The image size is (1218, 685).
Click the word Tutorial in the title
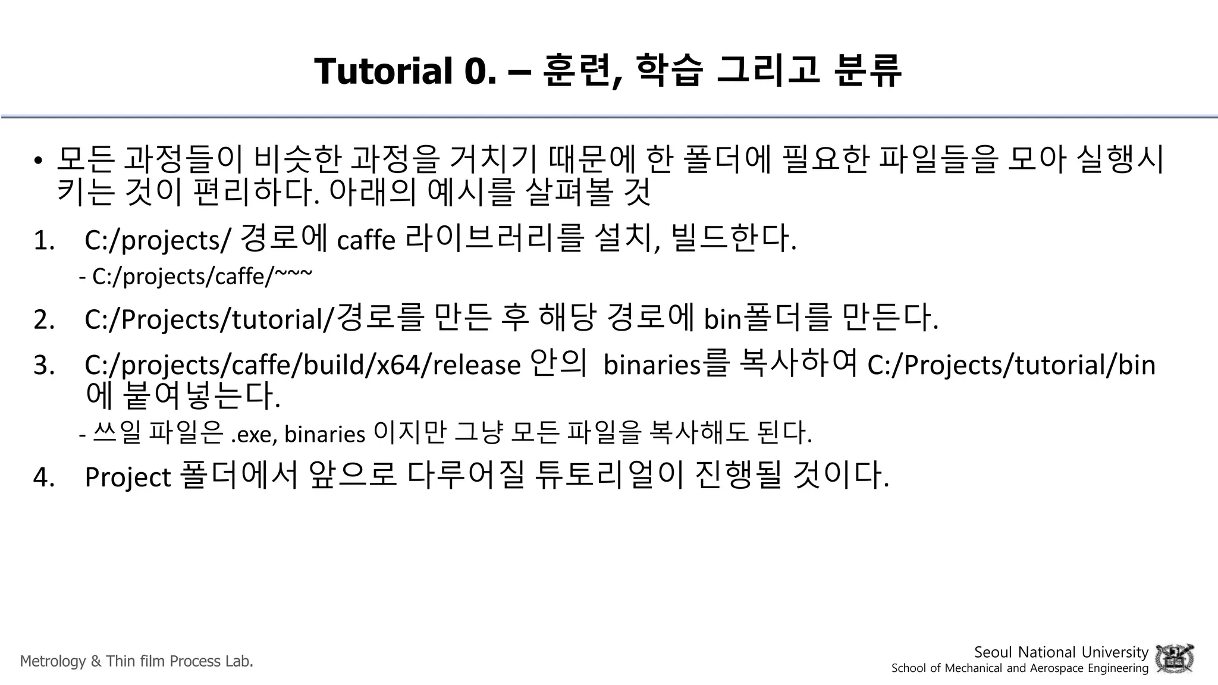click(x=383, y=71)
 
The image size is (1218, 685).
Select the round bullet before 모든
click(x=38, y=161)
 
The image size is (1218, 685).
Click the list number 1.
click(x=44, y=241)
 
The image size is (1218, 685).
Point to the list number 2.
click(x=44, y=319)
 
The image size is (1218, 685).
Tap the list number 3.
click(x=44, y=365)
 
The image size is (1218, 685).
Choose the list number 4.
click(x=44, y=477)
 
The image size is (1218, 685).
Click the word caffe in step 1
click(x=366, y=241)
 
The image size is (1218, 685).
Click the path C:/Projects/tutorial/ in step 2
click(x=210, y=319)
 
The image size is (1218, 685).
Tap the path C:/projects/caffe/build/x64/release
click(x=303, y=365)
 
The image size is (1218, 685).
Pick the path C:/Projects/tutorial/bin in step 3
click(x=1011, y=365)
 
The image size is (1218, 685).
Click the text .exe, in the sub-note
click(x=254, y=435)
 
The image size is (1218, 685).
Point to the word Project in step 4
click(x=128, y=477)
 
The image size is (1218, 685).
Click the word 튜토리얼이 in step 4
click(x=609, y=476)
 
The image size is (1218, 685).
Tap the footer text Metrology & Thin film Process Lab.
click(x=137, y=661)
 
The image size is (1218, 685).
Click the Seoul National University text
click(x=1061, y=652)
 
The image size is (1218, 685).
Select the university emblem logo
click(x=1174, y=659)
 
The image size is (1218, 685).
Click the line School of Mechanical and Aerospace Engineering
click(x=1019, y=668)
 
